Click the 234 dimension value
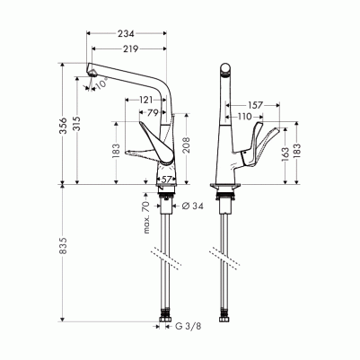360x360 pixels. [x=126, y=34]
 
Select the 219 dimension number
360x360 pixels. [x=130, y=48]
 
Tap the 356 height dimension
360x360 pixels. [x=63, y=125]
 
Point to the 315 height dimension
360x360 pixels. [x=77, y=125]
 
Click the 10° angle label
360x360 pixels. [x=101, y=83]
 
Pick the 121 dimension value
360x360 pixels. [x=145, y=100]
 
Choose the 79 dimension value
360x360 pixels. [x=153, y=113]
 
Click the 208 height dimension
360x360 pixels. [x=187, y=145]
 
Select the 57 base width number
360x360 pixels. [x=166, y=180]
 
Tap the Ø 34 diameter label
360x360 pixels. [x=193, y=206]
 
